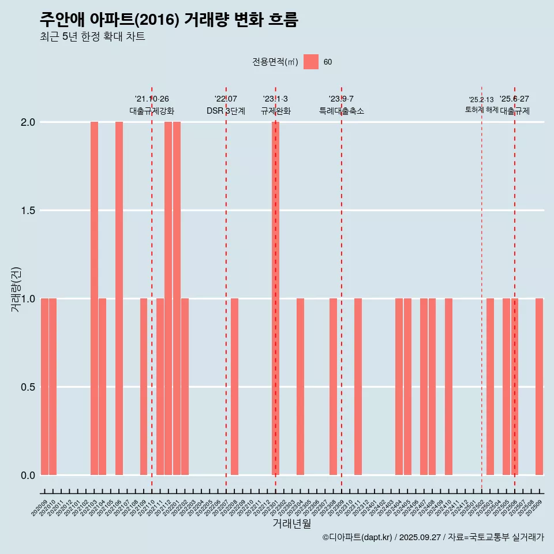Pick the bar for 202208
(234, 387)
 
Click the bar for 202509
(539, 387)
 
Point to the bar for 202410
(448, 387)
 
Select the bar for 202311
(358, 387)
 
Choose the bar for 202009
(44, 387)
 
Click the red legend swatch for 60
(311, 62)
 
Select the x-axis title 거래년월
(291, 523)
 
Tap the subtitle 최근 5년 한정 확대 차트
(92, 37)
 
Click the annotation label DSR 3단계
(226, 111)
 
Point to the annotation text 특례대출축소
(342, 111)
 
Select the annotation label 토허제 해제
(481, 110)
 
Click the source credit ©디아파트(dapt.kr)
(358, 537)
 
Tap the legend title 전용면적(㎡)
(275, 62)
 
